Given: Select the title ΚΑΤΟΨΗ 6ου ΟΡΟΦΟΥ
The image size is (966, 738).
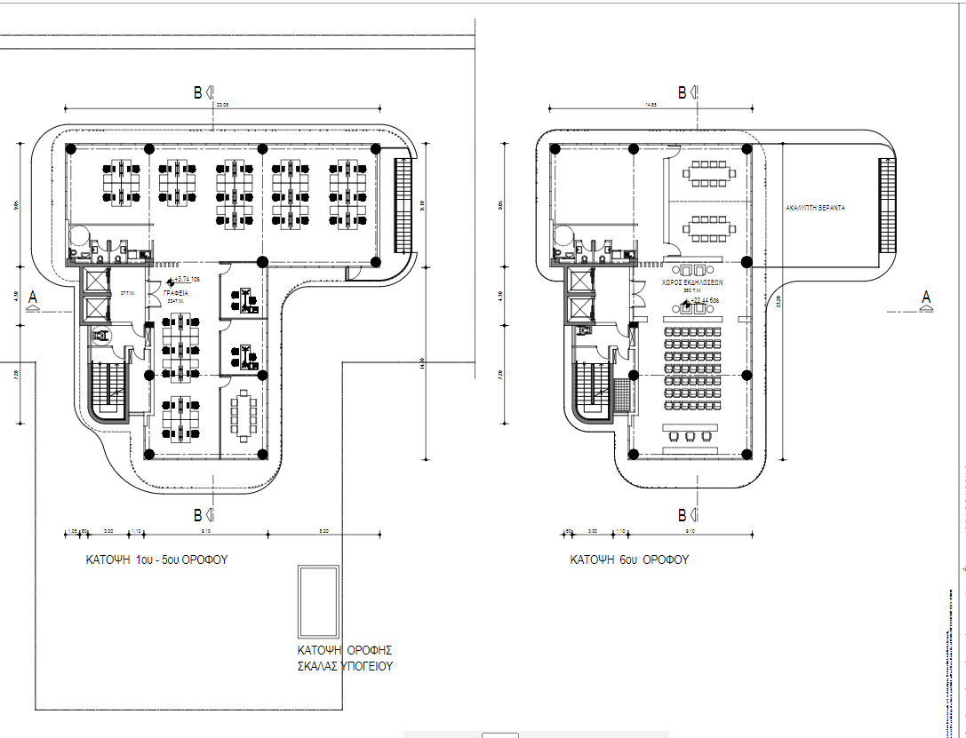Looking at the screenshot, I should click(629, 560).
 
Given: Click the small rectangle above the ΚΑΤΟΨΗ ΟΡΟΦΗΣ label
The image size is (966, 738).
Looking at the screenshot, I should click(319, 601).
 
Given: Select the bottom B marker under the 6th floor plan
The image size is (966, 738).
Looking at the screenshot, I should click(685, 515).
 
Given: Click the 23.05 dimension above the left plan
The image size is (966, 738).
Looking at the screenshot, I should click(222, 105).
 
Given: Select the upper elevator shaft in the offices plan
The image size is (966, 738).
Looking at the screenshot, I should click(93, 281).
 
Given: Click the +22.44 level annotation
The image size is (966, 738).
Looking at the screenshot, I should click(702, 300).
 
